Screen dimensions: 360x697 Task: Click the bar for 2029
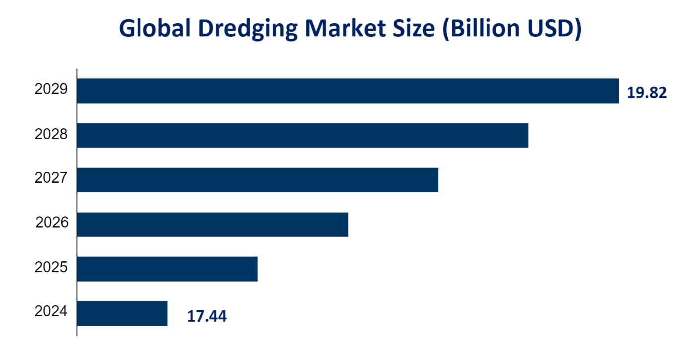click(x=348, y=91)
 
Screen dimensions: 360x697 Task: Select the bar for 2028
click(x=303, y=136)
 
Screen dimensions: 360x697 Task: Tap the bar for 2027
click(x=258, y=180)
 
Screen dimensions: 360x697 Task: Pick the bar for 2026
click(x=212, y=224)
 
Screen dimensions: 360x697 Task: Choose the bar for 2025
click(x=167, y=269)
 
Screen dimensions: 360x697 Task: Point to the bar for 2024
click(x=123, y=313)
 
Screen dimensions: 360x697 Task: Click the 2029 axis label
click(x=51, y=89)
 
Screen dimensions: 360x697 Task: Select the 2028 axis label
click(x=51, y=134)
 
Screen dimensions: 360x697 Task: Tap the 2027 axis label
click(x=51, y=178)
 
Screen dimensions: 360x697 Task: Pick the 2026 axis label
click(x=51, y=223)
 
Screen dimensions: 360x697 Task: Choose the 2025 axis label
click(x=51, y=267)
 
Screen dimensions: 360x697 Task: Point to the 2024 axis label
click(x=51, y=312)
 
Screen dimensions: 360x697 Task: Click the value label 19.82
click(x=646, y=93)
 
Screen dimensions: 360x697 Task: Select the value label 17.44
click(x=207, y=316)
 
